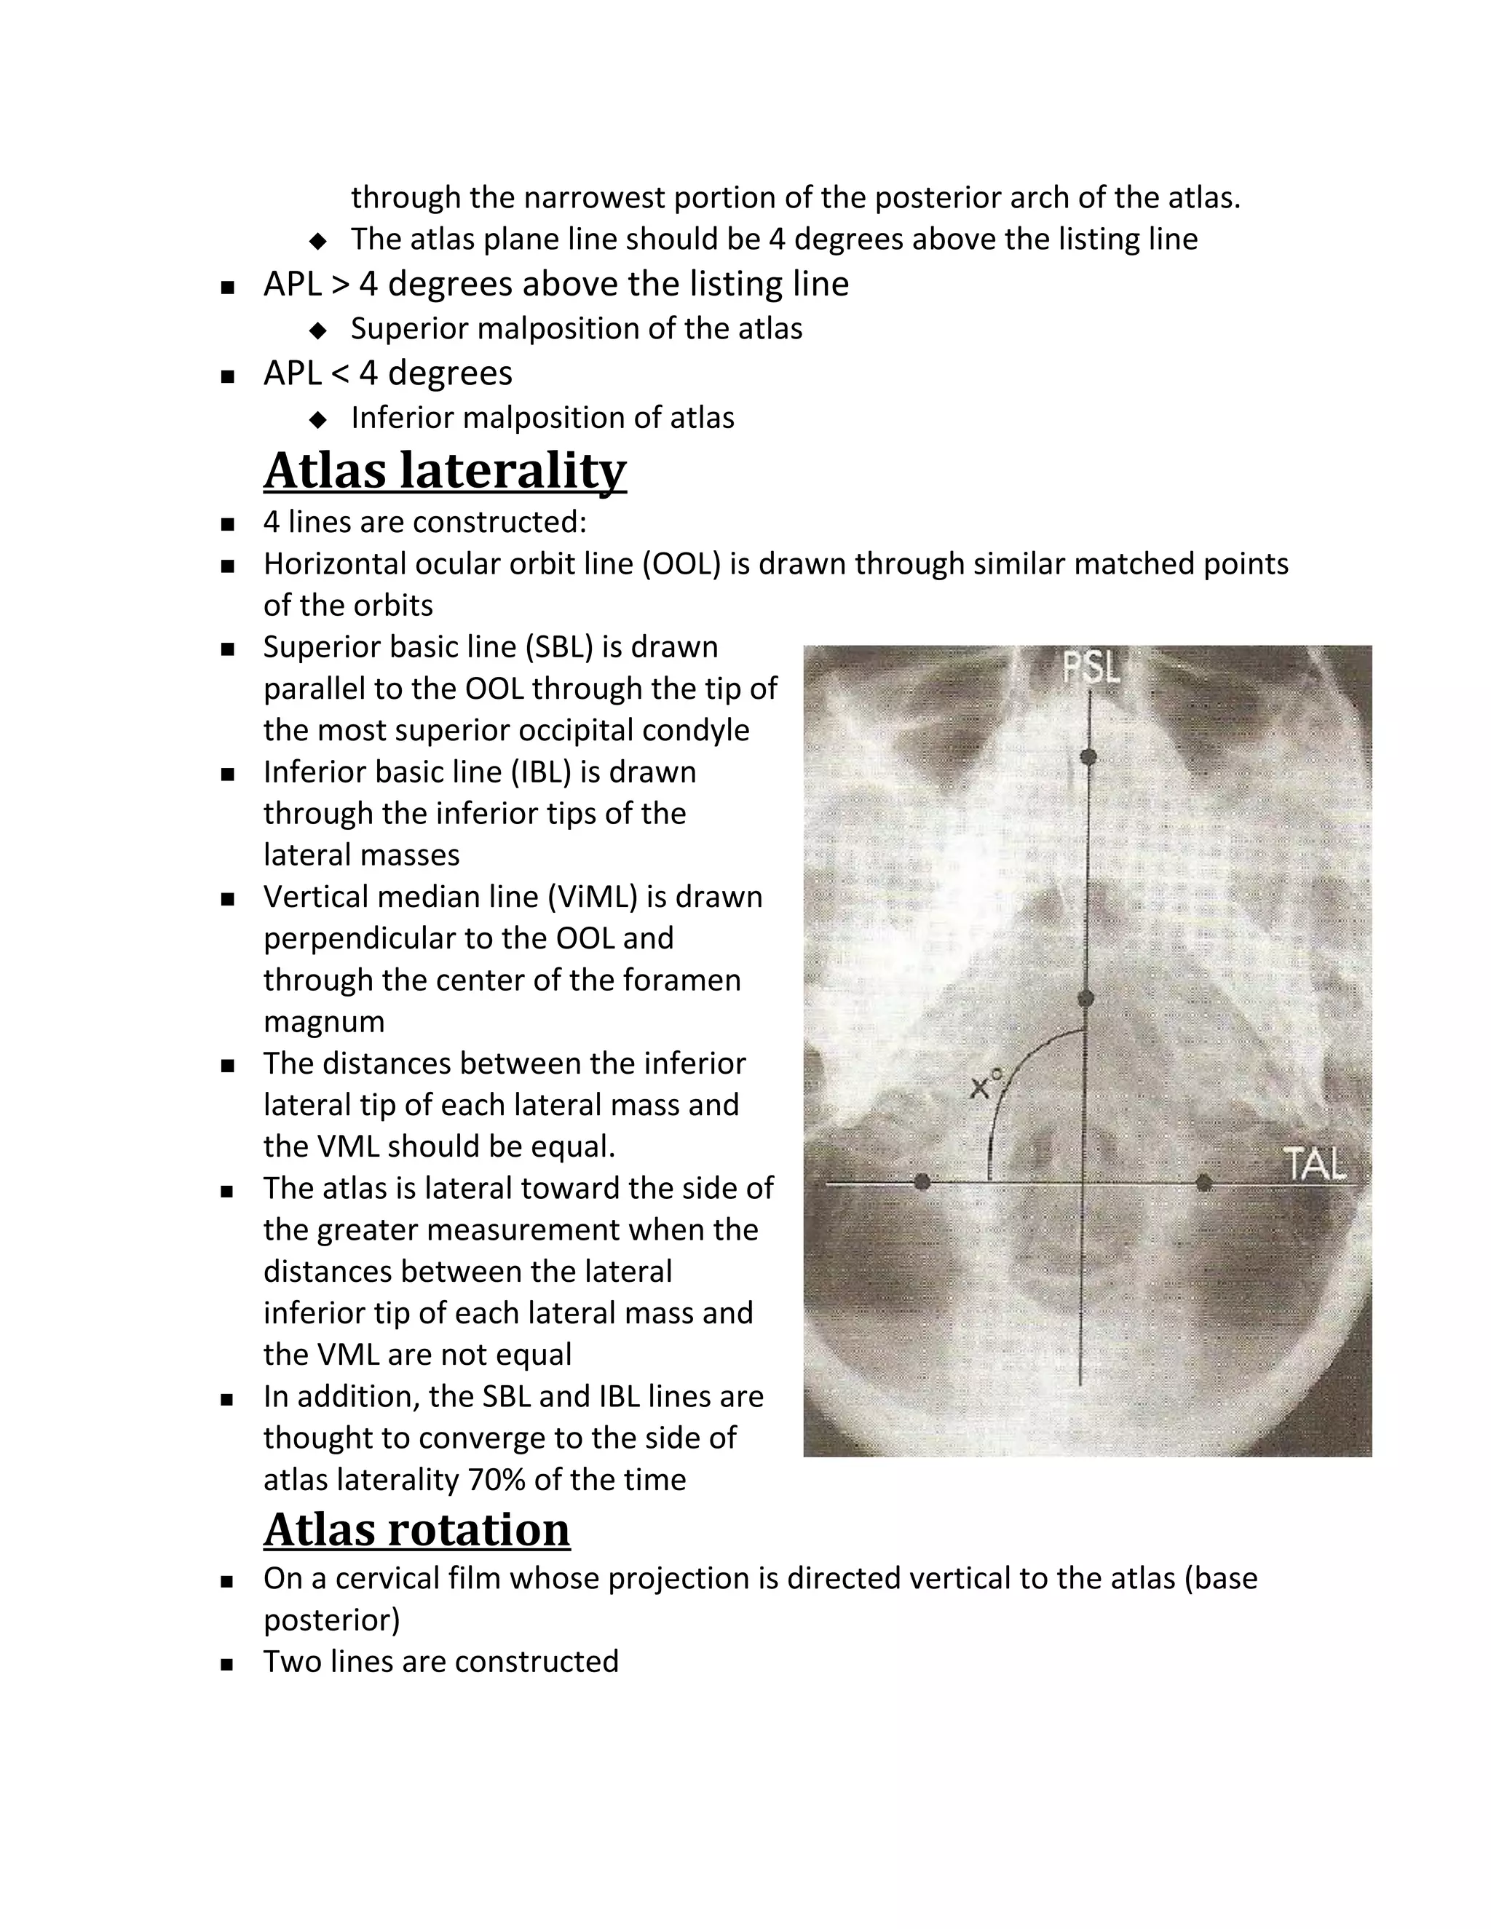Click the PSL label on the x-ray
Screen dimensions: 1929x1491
coord(1091,669)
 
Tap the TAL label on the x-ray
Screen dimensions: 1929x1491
coord(1314,1164)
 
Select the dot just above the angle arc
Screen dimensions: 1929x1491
coord(1086,999)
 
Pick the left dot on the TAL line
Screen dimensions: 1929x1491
coord(922,1181)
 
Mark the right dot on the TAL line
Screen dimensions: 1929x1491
coord(1203,1181)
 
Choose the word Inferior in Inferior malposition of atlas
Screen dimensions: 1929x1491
coord(403,418)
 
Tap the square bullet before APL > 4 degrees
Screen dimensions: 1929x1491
coord(228,286)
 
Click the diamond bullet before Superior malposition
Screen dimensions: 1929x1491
coord(318,330)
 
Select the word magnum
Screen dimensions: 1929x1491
coord(323,1022)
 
